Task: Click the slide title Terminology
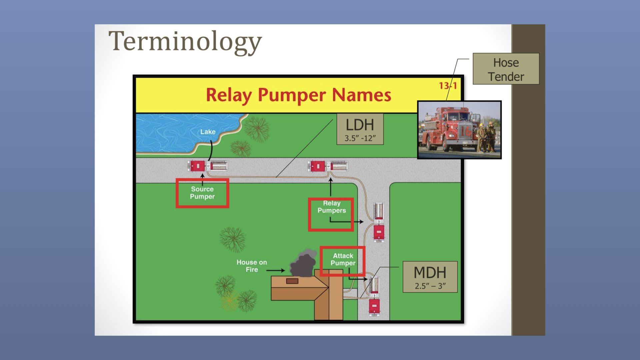185,42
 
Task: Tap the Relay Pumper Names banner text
298,95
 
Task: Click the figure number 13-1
448,86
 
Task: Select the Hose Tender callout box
506,69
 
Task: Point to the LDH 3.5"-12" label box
360,129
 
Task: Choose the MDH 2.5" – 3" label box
430,277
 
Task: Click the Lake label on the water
208,132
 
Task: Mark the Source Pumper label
202,193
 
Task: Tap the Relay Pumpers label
332,207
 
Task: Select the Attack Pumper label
343,259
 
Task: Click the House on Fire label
252,266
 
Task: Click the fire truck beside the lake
207,166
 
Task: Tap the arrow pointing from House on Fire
275,270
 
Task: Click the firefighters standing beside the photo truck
486,137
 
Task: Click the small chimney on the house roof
292,281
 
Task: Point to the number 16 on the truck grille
466,131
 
